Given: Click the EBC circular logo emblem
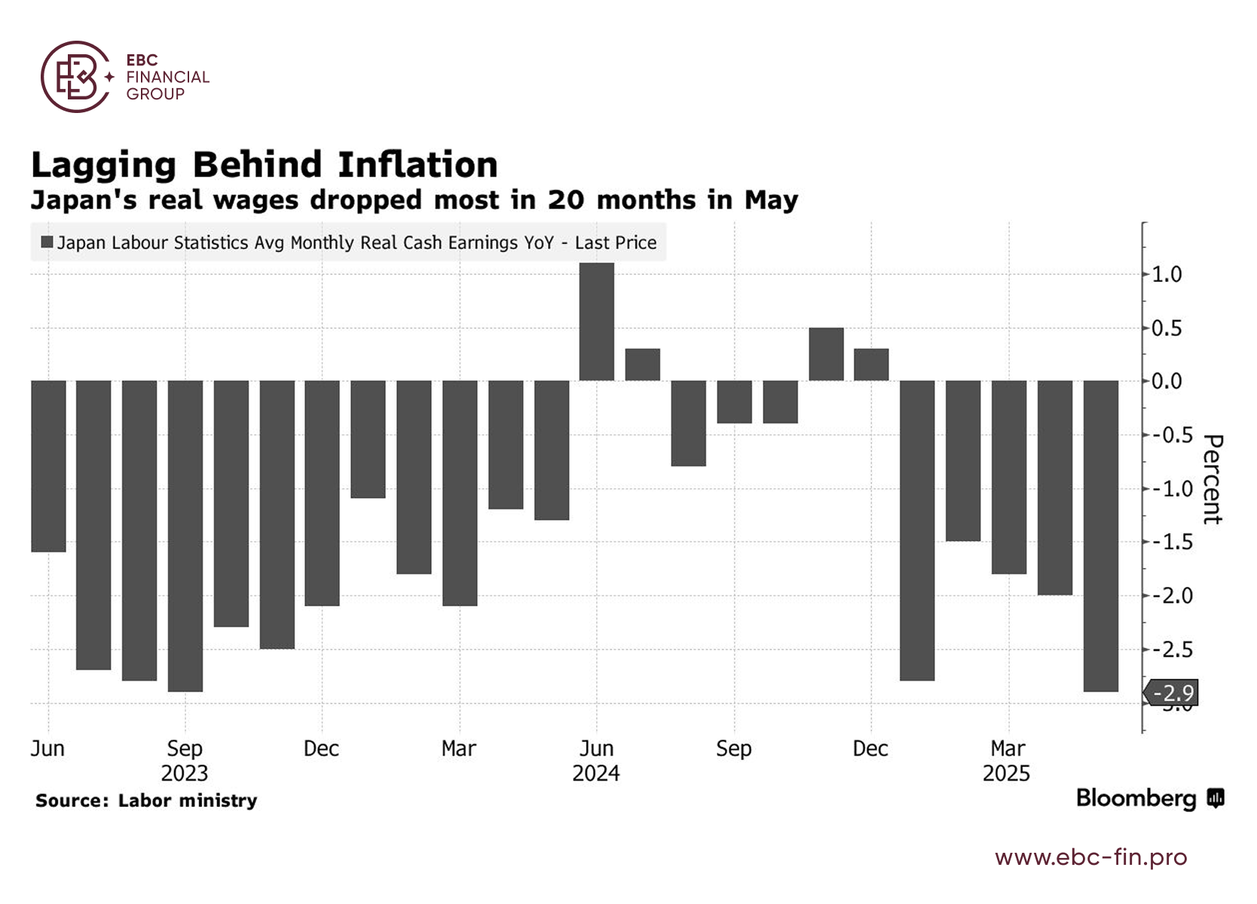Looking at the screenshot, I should pyautogui.click(x=76, y=77).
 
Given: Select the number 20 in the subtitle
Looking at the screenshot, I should pyautogui.click(x=565, y=200).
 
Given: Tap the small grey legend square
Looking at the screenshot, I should pyautogui.click(x=47, y=242).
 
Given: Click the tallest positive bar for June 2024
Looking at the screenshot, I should pyautogui.click(x=596, y=322).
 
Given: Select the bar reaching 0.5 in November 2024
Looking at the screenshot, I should pyautogui.click(x=826, y=354).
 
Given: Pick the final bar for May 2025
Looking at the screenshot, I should pyautogui.click(x=1100, y=535).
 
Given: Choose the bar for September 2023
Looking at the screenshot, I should pyautogui.click(x=185, y=535).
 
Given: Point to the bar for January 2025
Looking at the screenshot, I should pyautogui.click(x=917, y=530).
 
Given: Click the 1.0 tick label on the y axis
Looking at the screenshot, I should pyautogui.click(x=1167, y=274).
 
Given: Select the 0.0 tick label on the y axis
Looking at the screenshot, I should pyautogui.click(x=1167, y=381).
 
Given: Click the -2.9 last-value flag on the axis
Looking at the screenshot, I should pyautogui.click(x=1173, y=693).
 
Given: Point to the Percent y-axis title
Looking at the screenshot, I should pyautogui.click(x=1212, y=479).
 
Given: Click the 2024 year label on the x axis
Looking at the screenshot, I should pyautogui.click(x=595, y=774).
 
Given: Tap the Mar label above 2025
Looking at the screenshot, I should pyautogui.click(x=1008, y=749).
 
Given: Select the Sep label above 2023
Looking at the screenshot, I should pyautogui.click(x=185, y=749).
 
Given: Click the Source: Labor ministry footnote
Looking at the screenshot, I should pyautogui.click(x=146, y=801).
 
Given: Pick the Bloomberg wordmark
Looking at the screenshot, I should pyautogui.click(x=1136, y=799).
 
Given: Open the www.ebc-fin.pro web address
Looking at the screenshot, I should pyautogui.click(x=1090, y=857).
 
